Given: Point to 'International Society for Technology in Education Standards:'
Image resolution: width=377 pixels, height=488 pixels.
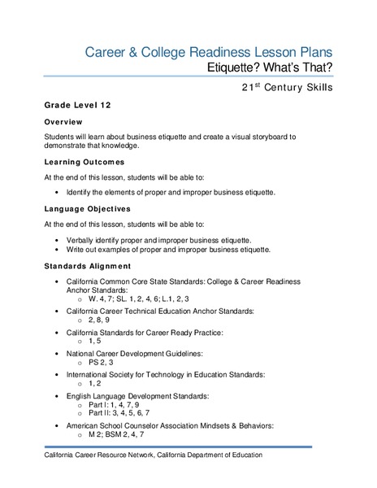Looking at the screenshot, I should (x=177, y=375).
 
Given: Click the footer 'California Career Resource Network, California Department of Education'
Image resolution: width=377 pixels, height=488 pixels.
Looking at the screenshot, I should (x=154, y=455).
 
